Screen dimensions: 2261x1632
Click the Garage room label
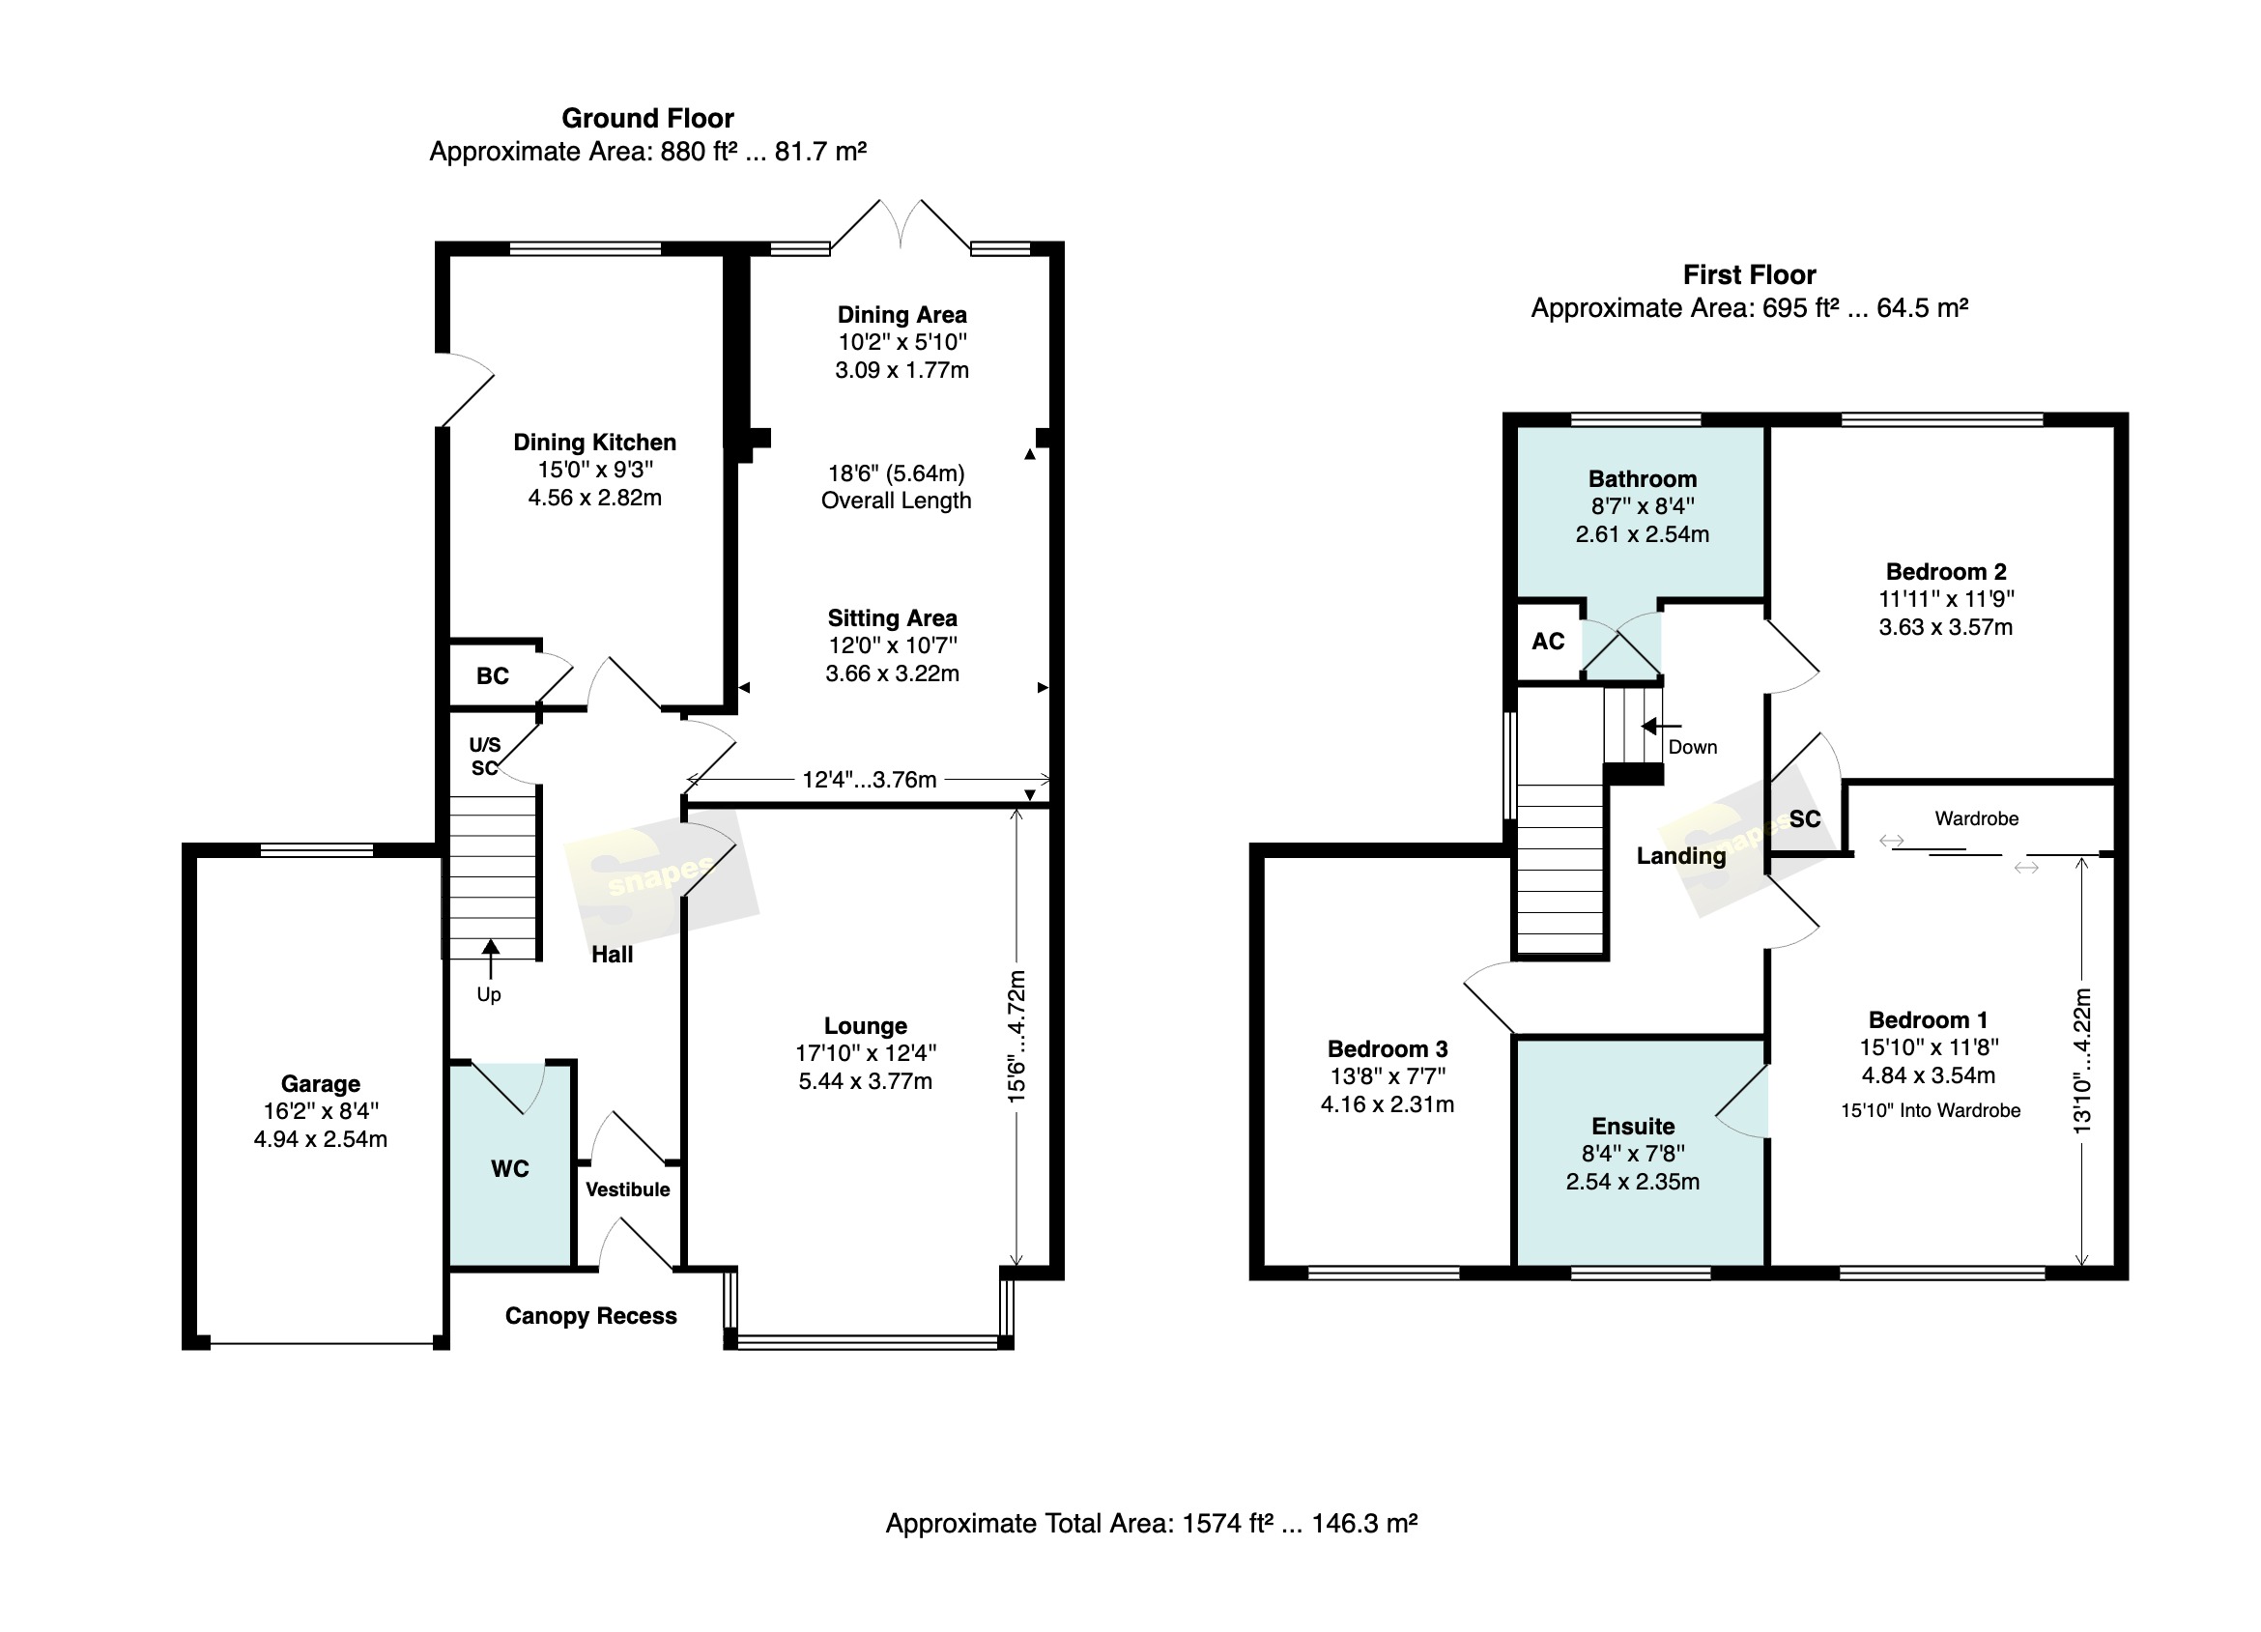click(320, 1084)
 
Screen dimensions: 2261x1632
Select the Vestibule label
click(628, 1189)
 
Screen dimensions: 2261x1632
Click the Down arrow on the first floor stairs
click(1661, 726)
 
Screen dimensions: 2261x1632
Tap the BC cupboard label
click(493, 676)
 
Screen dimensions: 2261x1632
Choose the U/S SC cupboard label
click(484, 757)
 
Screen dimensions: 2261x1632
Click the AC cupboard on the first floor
click(1548, 641)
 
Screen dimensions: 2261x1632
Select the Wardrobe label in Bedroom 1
click(1977, 818)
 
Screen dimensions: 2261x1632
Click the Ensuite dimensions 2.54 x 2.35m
click(1633, 1182)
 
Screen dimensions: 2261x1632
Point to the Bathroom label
click(1643, 478)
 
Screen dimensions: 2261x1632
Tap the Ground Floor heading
click(648, 119)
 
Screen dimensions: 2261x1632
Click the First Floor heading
click(1750, 275)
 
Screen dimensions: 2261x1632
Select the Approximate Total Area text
click(1152, 1524)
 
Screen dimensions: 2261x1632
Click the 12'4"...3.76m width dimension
click(869, 779)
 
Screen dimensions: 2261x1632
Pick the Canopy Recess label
click(591, 1316)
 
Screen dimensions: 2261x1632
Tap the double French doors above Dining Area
click(901, 224)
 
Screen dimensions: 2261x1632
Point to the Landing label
click(1682, 855)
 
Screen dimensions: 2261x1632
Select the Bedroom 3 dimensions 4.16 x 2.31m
click(1388, 1104)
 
